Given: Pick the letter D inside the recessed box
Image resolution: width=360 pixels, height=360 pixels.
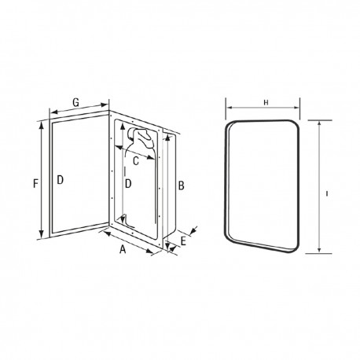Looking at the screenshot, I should (129, 183).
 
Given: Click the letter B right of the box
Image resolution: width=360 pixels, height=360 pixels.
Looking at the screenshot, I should (181, 186).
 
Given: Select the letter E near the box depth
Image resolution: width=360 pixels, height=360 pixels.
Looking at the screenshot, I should (182, 241).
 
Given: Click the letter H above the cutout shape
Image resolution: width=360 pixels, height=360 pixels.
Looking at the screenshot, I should (266, 103).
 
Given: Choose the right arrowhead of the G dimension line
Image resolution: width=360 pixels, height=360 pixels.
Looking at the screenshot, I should (107, 103).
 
